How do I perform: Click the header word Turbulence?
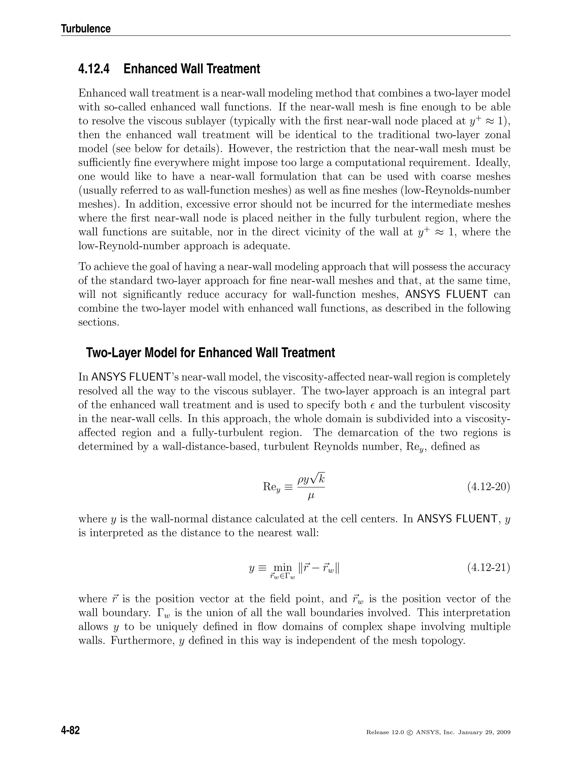(x=86, y=28)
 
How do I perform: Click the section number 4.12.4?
(x=94, y=69)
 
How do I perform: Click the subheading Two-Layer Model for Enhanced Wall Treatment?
(x=210, y=353)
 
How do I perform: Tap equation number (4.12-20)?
(x=488, y=486)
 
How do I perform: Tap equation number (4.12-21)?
(x=488, y=568)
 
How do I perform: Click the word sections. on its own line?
(x=98, y=322)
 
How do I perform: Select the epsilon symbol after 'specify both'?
(x=374, y=405)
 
